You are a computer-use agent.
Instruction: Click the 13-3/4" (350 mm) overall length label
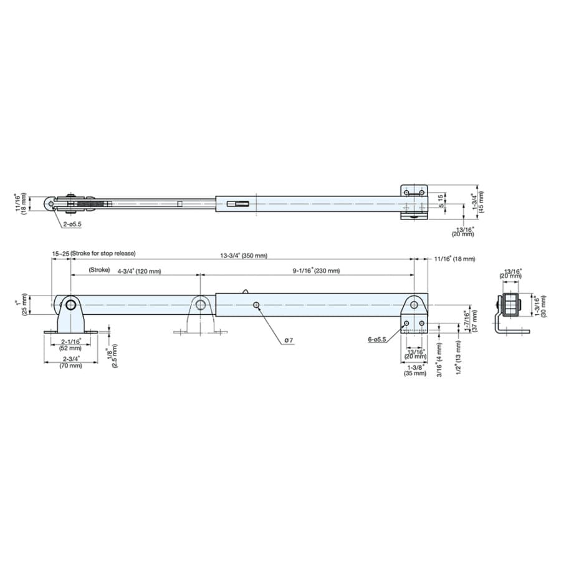[x=244, y=256]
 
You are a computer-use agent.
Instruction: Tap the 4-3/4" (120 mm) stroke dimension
[x=139, y=271]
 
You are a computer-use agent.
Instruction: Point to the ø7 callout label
[x=289, y=340]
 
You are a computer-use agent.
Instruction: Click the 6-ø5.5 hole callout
[x=377, y=340]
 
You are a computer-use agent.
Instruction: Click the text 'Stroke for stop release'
[x=103, y=253]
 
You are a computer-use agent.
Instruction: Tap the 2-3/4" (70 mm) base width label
[x=71, y=362]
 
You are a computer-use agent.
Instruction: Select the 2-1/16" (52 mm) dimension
[x=70, y=345]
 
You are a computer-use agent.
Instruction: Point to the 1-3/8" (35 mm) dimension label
[x=415, y=370]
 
